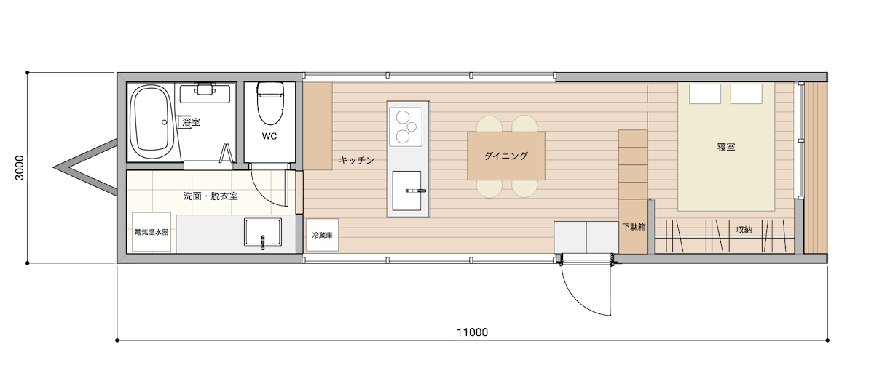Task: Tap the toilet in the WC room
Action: pos(269,103)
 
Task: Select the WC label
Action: pos(269,136)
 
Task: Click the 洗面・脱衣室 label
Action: pos(210,196)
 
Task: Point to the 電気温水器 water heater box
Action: pos(151,232)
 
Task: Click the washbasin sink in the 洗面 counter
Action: pos(263,232)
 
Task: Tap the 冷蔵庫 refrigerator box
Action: pos(322,235)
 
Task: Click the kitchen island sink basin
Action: pos(406,191)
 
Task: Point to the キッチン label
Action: pos(357,160)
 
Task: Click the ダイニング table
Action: pos(506,156)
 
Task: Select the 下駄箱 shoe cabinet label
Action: pos(634,227)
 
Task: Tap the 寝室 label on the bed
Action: pos(726,147)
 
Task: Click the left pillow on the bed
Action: pos(705,94)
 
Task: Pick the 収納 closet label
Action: pos(744,230)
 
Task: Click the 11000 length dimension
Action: pos(472,332)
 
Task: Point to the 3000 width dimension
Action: pos(19,168)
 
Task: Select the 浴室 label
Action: pos(191,122)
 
